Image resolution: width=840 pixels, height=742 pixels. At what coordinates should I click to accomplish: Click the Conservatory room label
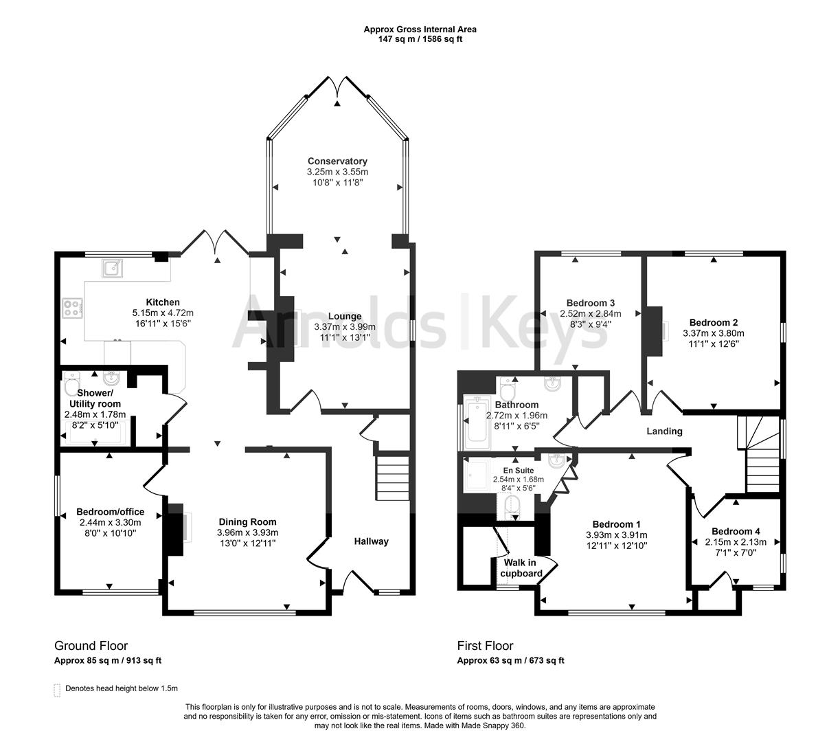337,161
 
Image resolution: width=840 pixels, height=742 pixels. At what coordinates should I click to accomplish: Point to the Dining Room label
247,521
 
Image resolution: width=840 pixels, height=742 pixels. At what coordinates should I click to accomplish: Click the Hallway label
371,541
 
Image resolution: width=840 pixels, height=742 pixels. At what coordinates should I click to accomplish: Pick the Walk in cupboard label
521,568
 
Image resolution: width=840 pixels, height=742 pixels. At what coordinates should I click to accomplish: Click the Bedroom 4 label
736,531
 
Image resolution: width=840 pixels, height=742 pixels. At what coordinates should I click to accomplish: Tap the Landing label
664,431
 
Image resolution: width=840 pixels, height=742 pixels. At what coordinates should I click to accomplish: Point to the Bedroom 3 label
590,303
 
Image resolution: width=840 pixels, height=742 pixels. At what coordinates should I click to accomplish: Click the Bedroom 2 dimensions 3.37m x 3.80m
713,333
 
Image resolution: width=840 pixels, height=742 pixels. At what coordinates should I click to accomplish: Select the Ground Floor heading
91,646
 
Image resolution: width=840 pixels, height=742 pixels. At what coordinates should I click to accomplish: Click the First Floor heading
485,646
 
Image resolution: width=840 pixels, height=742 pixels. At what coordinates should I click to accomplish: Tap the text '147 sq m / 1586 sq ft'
420,39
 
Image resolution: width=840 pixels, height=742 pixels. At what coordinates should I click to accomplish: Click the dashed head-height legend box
57,689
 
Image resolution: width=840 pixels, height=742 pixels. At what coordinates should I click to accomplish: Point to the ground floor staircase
392,476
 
